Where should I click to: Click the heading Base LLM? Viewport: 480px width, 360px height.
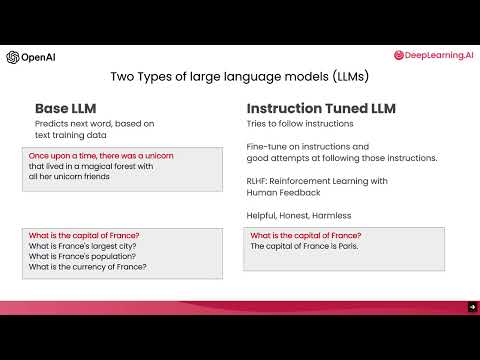(x=65, y=108)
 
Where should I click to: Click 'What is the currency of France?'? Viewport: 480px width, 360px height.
(x=89, y=267)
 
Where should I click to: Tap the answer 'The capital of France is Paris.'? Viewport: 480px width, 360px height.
(x=305, y=246)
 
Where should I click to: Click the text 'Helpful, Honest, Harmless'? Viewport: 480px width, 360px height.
(x=299, y=216)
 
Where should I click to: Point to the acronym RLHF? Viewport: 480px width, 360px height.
(x=259, y=181)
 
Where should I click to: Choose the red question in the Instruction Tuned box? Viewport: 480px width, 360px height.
(x=298, y=235)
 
